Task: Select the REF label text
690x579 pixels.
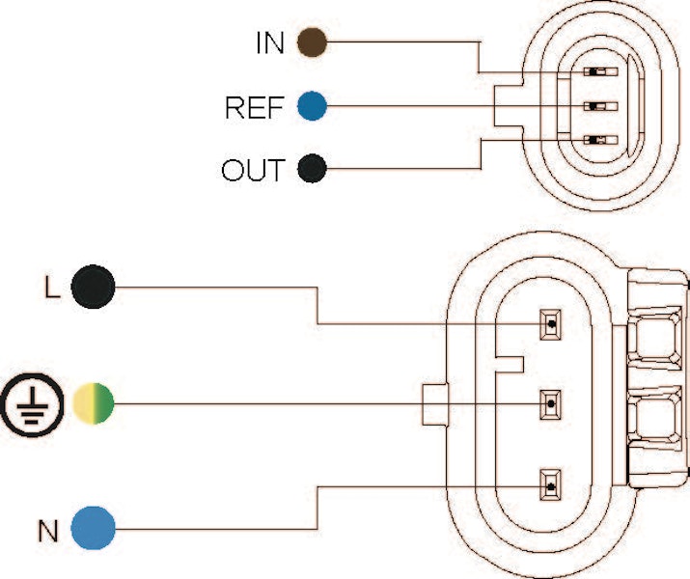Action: [254, 107]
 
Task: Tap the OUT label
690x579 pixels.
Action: [253, 171]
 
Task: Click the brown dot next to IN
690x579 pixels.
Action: [312, 42]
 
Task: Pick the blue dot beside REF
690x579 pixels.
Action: [312, 106]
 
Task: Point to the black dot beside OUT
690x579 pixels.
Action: [312, 170]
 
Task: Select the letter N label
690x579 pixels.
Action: [47, 530]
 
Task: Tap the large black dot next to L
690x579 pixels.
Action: [93, 286]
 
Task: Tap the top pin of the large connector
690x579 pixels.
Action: [550, 324]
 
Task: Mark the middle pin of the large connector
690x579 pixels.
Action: [550, 402]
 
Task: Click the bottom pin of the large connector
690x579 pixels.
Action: [550, 483]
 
